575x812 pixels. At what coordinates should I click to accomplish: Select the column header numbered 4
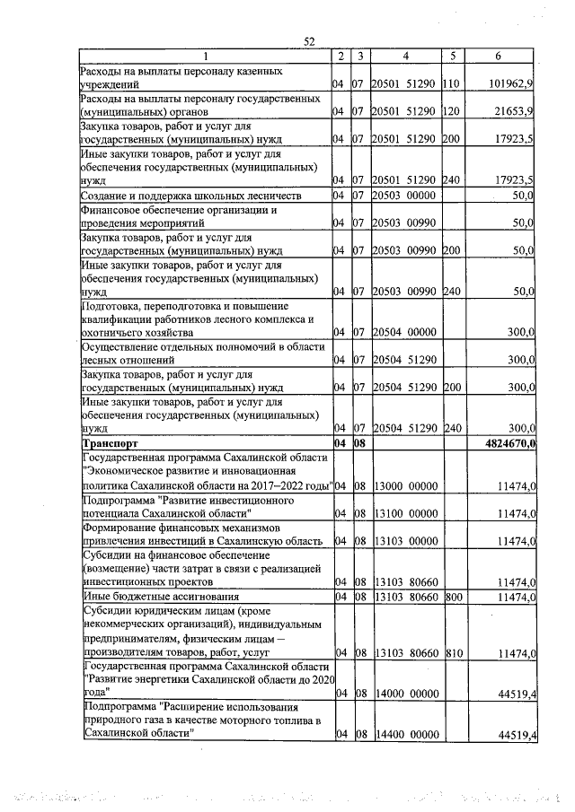pyautogui.click(x=406, y=57)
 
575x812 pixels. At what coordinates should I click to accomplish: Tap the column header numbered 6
pyautogui.click(x=499, y=57)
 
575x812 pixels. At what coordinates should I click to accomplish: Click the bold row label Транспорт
pyautogui.click(x=111, y=443)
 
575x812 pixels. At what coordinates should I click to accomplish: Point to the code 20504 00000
pyautogui.click(x=404, y=332)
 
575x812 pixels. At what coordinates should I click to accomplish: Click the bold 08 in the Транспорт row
pyautogui.click(x=357, y=443)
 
